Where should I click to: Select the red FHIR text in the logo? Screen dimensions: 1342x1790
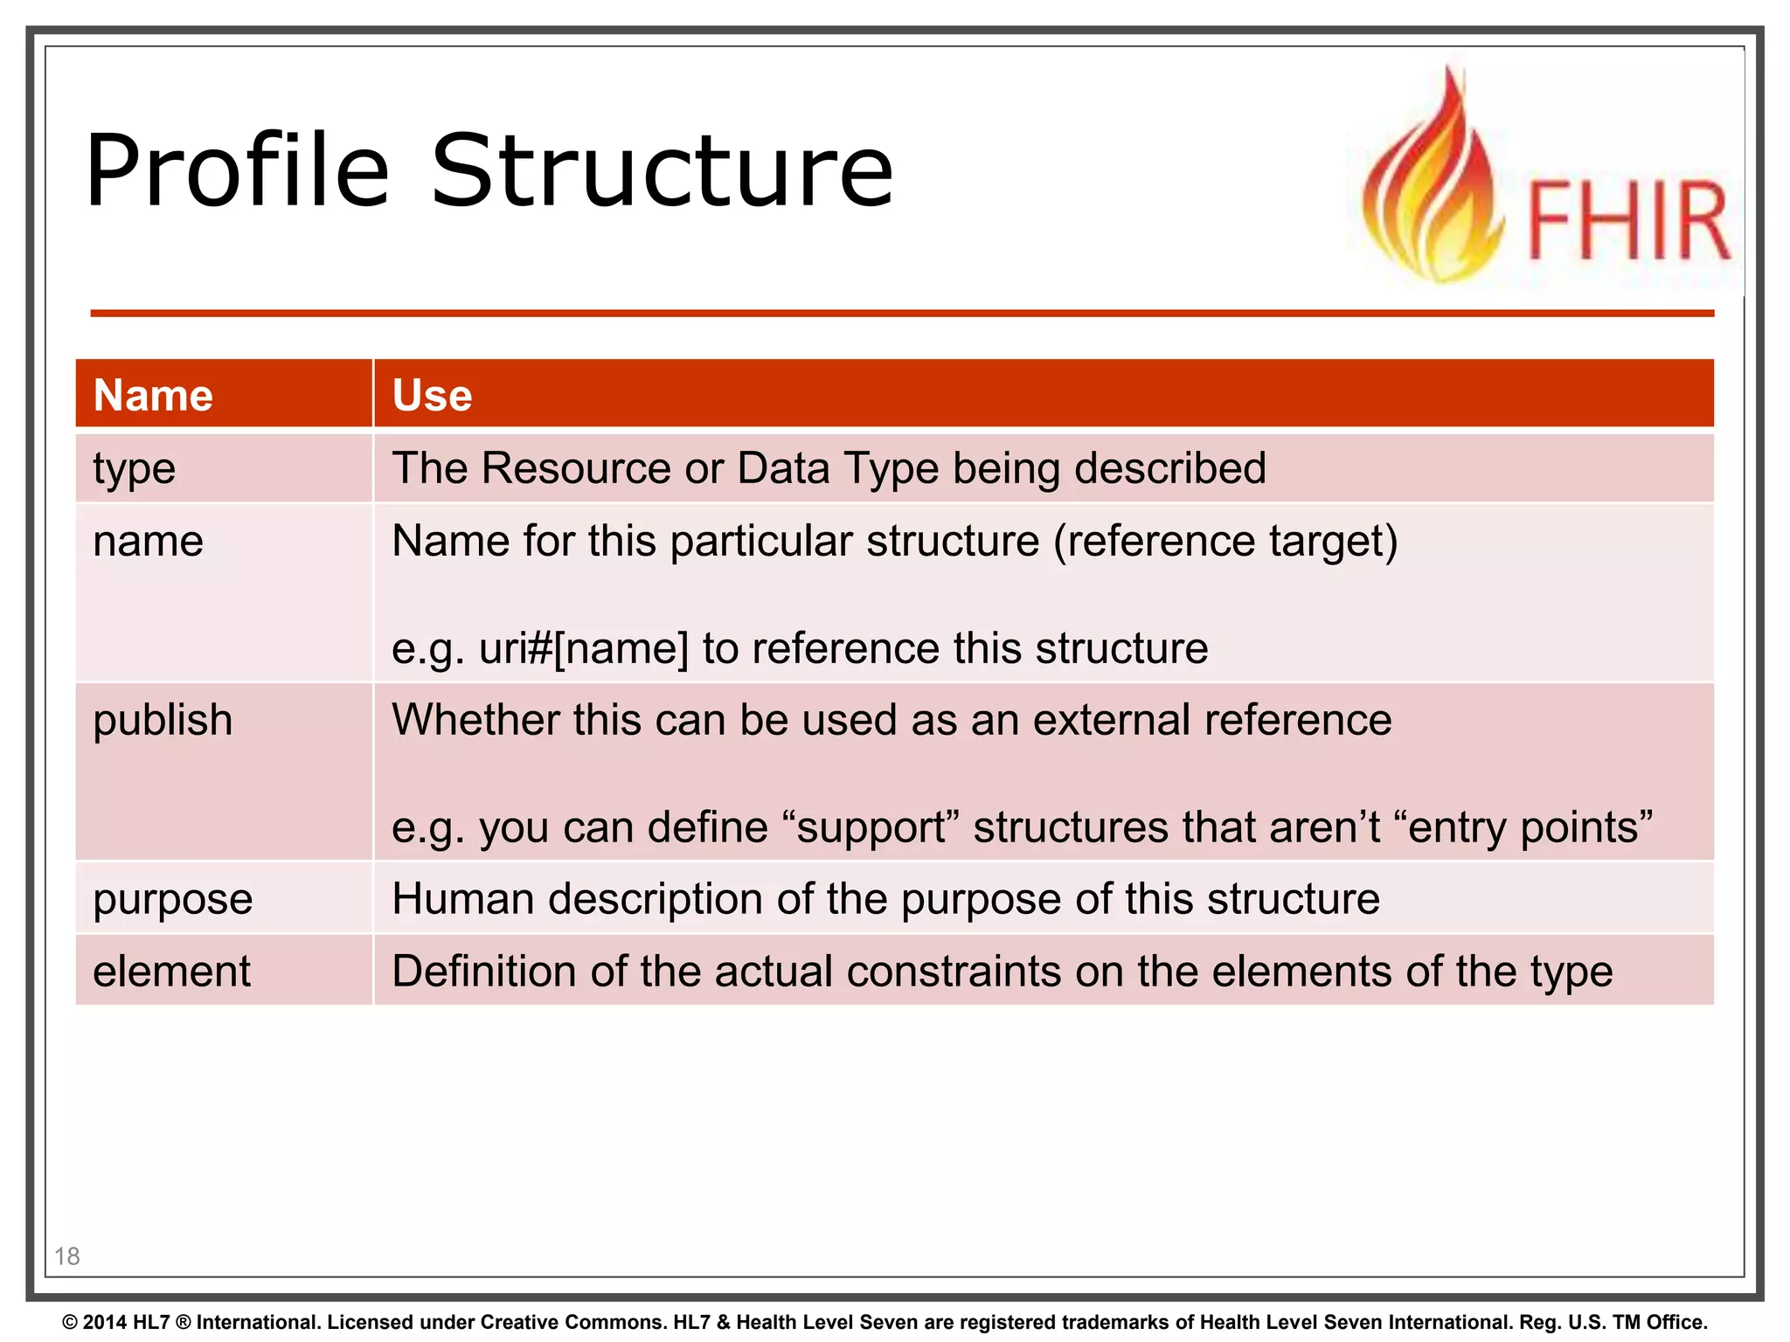point(1627,220)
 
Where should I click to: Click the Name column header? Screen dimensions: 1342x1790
point(153,395)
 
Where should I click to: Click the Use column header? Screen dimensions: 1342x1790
point(432,395)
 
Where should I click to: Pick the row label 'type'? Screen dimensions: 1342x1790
point(134,469)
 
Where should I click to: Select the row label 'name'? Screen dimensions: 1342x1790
point(148,541)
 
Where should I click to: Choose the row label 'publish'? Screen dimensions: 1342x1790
point(163,721)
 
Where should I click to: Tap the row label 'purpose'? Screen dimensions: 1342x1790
point(172,900)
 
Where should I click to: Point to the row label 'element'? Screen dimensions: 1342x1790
point(171,972)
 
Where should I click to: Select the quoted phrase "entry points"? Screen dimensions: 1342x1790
point(1530,827)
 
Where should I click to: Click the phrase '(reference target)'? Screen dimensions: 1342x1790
point(1225,541)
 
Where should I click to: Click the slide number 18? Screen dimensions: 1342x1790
point(67,1256)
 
